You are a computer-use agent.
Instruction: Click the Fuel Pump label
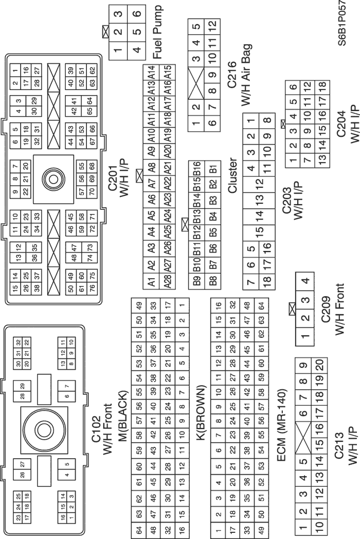[x=157, y=32]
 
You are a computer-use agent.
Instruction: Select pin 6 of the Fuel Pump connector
[x=137, y=14]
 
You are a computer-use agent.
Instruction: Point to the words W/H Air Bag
[x=246, y=75]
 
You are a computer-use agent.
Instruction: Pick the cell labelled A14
[x=151, y=72]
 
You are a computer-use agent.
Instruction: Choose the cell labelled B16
[x=196, y=169]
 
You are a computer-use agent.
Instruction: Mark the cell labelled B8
[x=213, y=281]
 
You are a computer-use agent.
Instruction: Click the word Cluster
[x=232, y=175]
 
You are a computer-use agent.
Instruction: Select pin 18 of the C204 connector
[x=322, y=88]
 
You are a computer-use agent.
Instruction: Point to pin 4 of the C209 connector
[x=304, y=281]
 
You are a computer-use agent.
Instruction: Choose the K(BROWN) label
[x=201, y=412]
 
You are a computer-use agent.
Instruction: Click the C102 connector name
[x=96, y=429]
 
